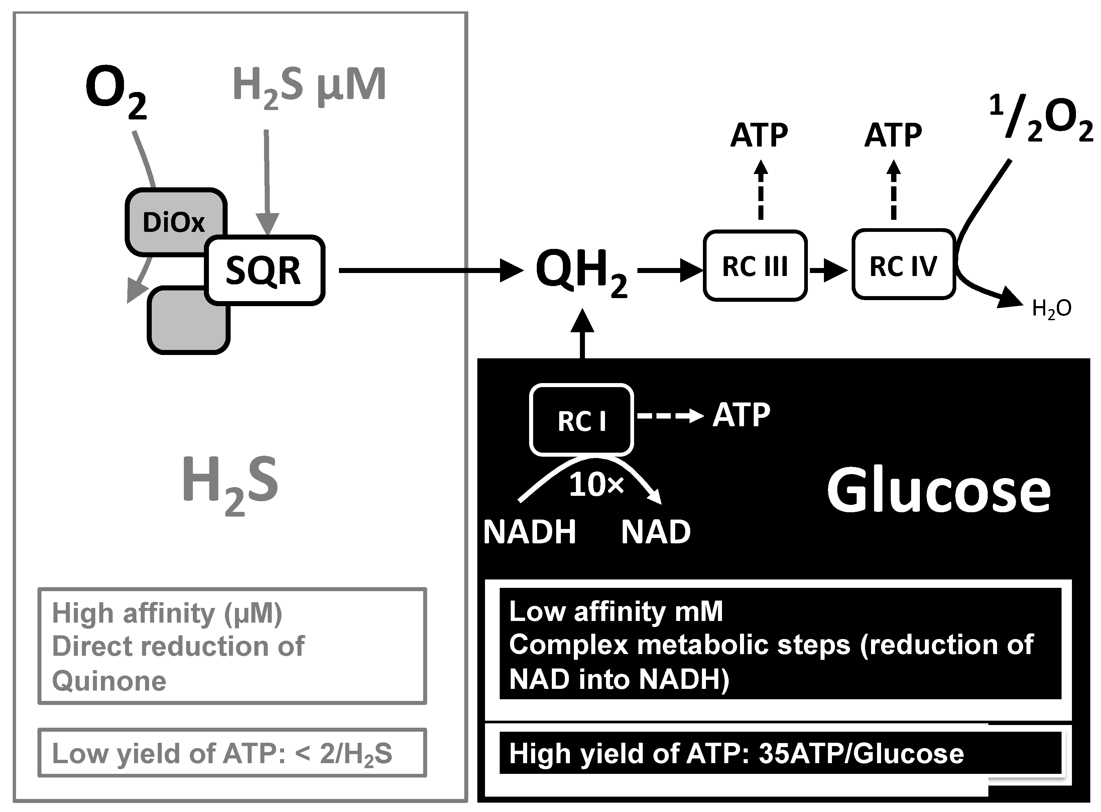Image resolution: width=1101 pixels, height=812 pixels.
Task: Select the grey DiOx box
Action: [x=167, y=216]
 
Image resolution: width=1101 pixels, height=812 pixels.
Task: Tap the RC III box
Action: [x=755, y=266]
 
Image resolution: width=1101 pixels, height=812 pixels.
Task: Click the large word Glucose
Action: [x=938, y=490]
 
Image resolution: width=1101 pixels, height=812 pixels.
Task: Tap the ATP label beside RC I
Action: [x=741, y=415]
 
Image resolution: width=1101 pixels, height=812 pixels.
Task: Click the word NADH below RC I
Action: [x=530, y=532]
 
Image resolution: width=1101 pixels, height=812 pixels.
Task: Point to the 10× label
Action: [x=596, y=485]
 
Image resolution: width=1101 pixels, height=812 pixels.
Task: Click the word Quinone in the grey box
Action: [x=109, y=681]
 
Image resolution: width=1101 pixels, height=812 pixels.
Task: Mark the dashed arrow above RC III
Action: [x=761, y=192]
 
